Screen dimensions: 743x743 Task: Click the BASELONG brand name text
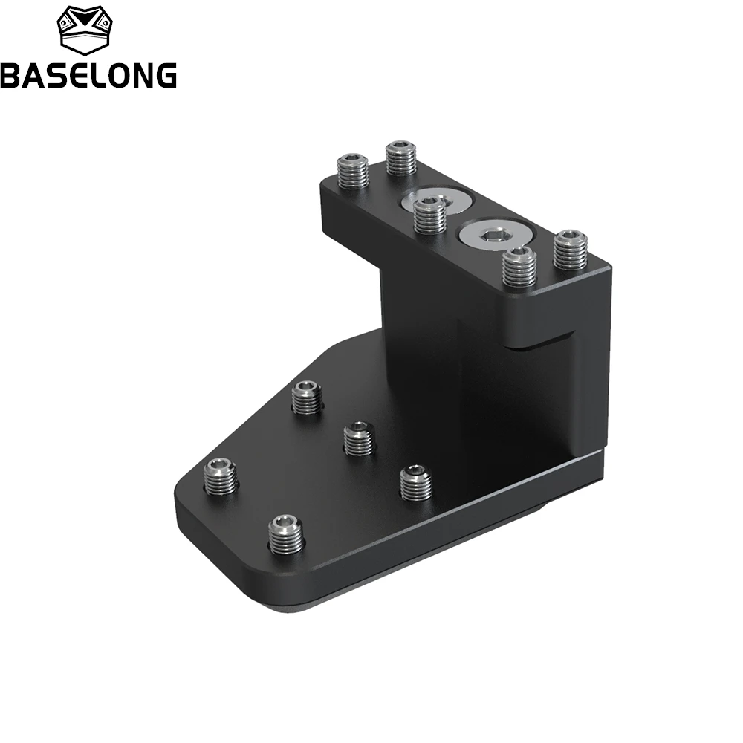(88, 75)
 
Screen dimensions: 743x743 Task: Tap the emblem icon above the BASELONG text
(85, 30)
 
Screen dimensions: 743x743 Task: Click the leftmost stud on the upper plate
(352, 171)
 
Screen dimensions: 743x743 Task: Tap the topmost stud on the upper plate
(401, 158)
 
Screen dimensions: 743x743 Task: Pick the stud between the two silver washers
(429, 215)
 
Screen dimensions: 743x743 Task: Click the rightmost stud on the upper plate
(571, 249)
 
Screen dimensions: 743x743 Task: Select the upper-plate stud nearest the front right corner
(519, 267)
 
